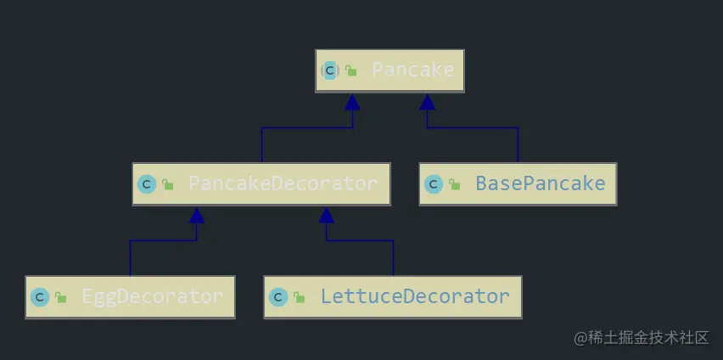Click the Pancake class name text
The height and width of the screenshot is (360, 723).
click(412, 70)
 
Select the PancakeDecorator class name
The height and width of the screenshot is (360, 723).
click(283, 183)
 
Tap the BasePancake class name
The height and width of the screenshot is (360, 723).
click(540, 183)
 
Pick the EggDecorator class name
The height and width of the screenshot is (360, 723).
click(152, 297)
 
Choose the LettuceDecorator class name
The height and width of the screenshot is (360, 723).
click(414, 297)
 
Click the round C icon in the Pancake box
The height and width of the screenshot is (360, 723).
click(330, 70)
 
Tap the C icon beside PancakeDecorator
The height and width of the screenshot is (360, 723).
click(147, 183)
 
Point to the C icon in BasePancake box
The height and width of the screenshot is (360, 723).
click(434, 183)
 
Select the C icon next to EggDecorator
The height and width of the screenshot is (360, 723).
click(39, 297)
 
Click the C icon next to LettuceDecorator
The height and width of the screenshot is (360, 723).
click(277, 297)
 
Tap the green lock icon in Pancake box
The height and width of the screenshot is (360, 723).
click(350, 71)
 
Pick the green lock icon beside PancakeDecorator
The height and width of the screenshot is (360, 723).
click(168, 184)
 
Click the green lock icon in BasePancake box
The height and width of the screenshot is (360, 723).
click(455, 184)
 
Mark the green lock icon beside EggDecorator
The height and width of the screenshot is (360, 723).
click(60, 298)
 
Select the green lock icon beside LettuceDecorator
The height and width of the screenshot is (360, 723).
click(299, 298)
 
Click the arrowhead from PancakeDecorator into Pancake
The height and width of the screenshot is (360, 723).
click(352, 102)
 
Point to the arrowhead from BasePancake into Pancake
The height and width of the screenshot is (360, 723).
click(427, 102)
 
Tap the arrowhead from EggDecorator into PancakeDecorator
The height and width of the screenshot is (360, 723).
click(197, 215)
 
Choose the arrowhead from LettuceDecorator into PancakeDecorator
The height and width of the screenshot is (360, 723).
click(327, 215)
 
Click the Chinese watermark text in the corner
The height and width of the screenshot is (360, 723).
click(641, 338)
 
